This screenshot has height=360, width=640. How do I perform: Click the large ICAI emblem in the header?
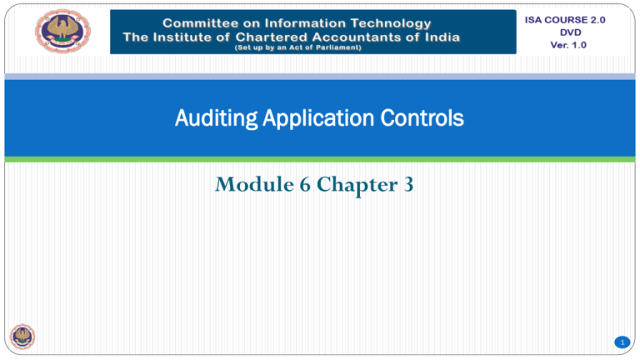pyautogui.click(x=62, y=31)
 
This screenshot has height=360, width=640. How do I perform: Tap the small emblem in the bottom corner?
pyautogui.click(x=22, y=337)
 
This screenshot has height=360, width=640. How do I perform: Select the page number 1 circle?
pyautogui.click(x=622, y=342)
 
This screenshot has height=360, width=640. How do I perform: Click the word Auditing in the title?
pyautogui.click(x=217, y=119)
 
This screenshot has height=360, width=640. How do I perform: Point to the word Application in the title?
pyautogui.click(x=318, y=119)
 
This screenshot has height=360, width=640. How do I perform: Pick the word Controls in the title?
pyautogui.click(x=422, y=118)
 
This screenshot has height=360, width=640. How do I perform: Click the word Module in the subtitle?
pyautogui.click(x=254, y=184)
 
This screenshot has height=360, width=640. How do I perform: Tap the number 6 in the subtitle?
pyautogui.click(x=305, y=184)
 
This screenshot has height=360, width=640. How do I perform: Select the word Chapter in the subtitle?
pyautogui.click(x=357, y=185)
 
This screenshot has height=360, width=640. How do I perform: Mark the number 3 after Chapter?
pyautogui.click(x=408, y=184)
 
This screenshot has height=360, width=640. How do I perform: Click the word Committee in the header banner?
pyautogui.click(x=200, y=23)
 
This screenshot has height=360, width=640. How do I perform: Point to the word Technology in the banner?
pyautogui.click(x=391, y=23)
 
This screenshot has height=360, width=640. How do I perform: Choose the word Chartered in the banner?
pyautogui.click(x=271, y=37)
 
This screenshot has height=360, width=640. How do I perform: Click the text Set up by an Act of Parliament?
pyautogui.click(x=298, y=47)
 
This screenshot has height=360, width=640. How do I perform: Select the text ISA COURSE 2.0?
pyautogui.click(x=565, y=20)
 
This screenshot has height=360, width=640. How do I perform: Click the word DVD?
pyautogui.click(x=570, y=32)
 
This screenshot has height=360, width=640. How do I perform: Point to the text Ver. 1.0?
pyautogui.click(x=568, y=45)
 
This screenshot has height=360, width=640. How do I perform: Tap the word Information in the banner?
pyautogui.click(x=305, y=23)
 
